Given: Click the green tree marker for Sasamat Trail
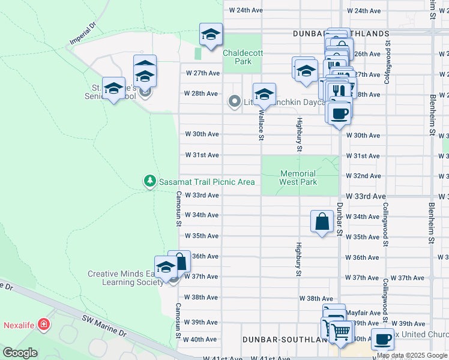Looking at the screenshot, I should pyautogui.click(x=149, y=181).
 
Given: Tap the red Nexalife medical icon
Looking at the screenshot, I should pyautogui.click(x=43, y=325).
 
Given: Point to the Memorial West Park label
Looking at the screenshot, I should pyautogui.click(x=298, y=178).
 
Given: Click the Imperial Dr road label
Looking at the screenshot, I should pyautogui.click(x=82, y=35).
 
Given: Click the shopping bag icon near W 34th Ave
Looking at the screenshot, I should pyautogui.click(x=322, y=221).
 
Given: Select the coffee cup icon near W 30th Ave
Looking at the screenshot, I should pyautogui.click(x=339, y=113).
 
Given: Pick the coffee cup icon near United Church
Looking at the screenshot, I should pyautogui.click(x=383, y=340).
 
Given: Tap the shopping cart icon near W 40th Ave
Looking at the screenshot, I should pyautogui.click(x=340, y=331).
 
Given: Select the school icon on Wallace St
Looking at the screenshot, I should pyautogui.click(x=264, y=94).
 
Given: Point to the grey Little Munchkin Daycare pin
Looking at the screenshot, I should pyautogui.click(x=235, y=102).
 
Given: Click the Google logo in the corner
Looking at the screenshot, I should pyautogui.click(x=20, y=353).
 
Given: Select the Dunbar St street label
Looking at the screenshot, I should pyautogui.click(x=340, y=219).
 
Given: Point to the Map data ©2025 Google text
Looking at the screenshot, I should pyautogui.click(x=412, y=355).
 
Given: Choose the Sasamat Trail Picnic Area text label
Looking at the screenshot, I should pyautogui.click(x=206, y=182).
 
